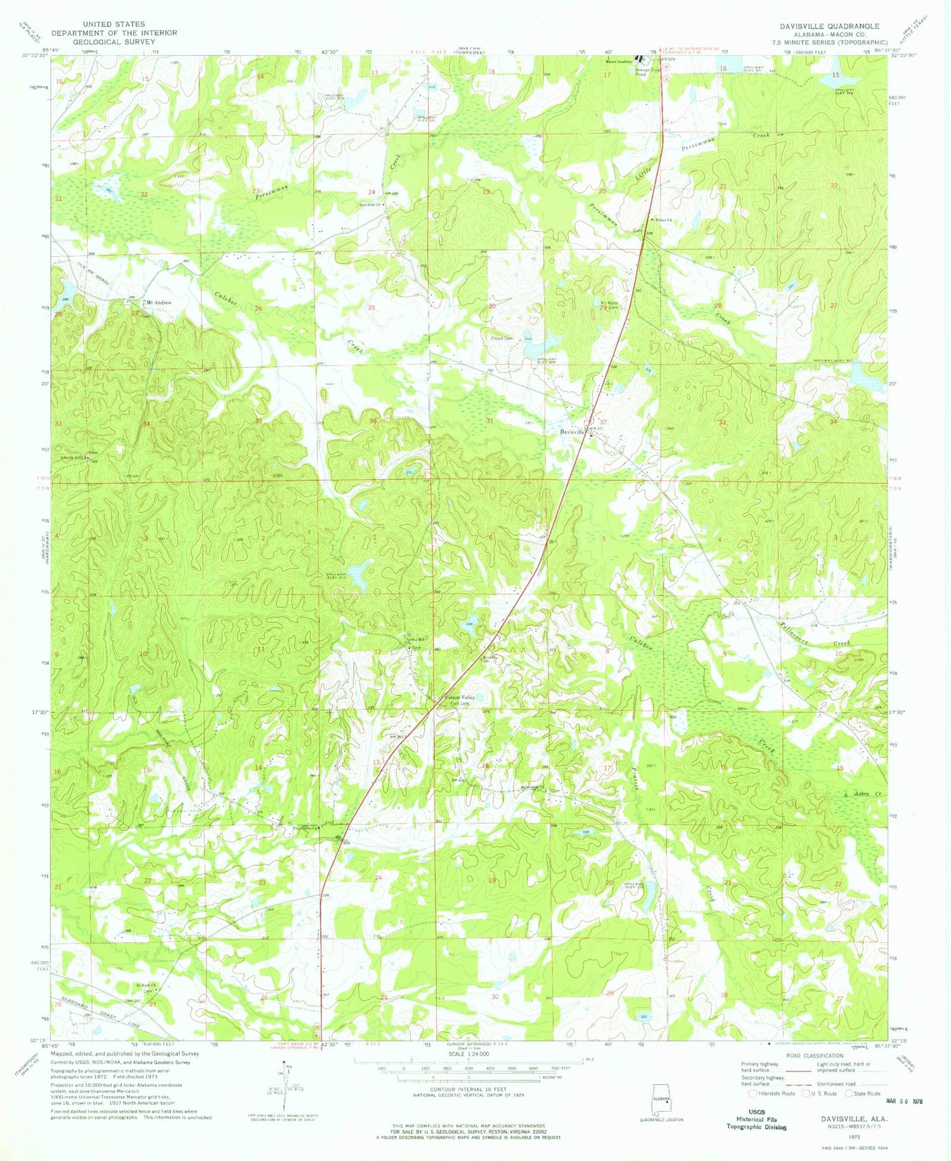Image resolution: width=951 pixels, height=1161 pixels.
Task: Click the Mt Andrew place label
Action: click(158, 303)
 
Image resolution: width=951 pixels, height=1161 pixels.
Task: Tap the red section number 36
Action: click(373, 421)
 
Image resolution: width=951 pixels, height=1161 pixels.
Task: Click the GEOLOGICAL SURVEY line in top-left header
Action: click(114, 41)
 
